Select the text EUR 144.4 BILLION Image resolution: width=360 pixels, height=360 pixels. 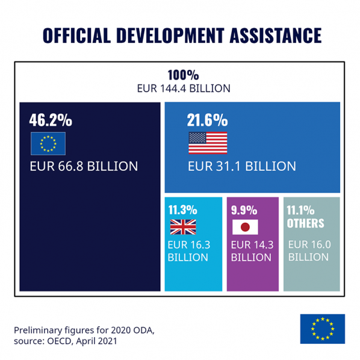pos(183,88)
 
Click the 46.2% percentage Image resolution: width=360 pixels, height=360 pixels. pos(51,120)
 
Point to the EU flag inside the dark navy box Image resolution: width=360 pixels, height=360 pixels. pos(48,143)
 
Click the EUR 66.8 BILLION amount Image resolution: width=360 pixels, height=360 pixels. pos(84,166)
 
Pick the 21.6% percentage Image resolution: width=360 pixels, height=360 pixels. pos(208,120)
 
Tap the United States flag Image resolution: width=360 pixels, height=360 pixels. pos(208,143)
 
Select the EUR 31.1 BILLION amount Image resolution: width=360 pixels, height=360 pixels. pos(241,166)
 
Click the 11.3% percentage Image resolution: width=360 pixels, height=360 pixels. pos(182,210)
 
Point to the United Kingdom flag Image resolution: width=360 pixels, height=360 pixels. pos(182,227)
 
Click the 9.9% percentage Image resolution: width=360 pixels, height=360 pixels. pos(244,210)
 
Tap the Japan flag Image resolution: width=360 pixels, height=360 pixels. pos(245,227)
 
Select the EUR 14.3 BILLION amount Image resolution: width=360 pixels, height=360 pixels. pos(252,251)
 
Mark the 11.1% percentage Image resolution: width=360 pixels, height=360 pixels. pos(301,210)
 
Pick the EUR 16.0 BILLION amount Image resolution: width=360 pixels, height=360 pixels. pos(309,251)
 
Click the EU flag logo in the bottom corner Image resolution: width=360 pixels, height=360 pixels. pos(322,329)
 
